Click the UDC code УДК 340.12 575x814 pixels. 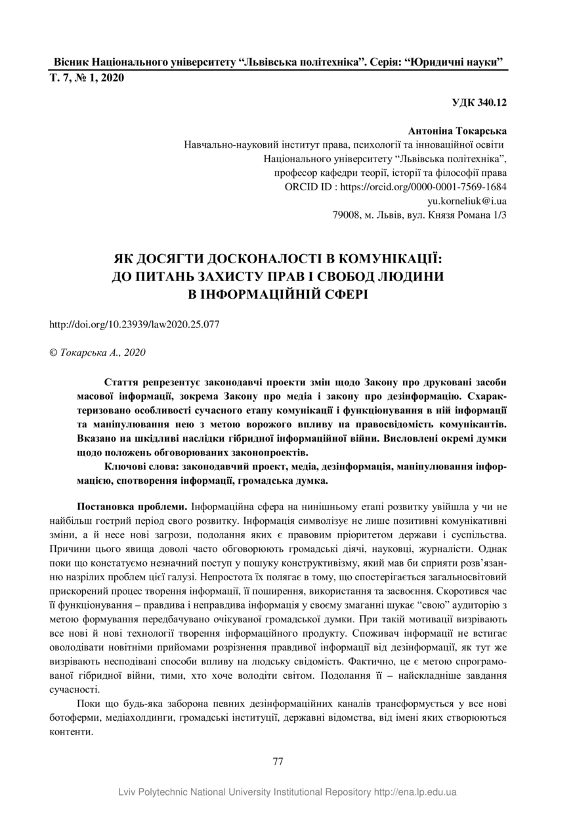click(x=479, y=102)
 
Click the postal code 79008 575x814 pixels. click(x=347, y=214)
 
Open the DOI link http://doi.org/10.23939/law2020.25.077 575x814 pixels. click(x=135, y=324)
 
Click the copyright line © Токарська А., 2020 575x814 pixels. click(x=98, y=353)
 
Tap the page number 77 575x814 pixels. click(x=278, y=761)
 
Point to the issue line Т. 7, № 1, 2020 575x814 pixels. click(x=87, y=78)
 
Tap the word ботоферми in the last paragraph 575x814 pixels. click(x=76, y=718)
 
